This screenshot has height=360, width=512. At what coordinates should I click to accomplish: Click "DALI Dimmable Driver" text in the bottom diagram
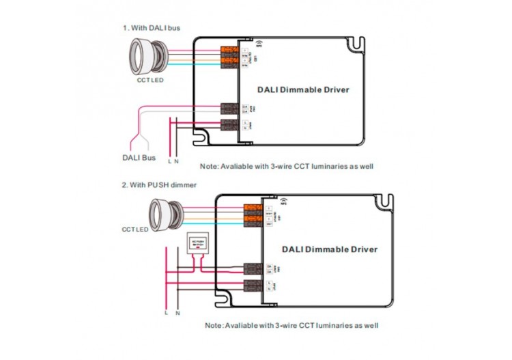(328, 249)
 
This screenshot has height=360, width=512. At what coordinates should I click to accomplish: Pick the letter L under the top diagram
(169, 161)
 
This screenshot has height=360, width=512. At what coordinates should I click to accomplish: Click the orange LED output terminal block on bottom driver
(253, 214)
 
